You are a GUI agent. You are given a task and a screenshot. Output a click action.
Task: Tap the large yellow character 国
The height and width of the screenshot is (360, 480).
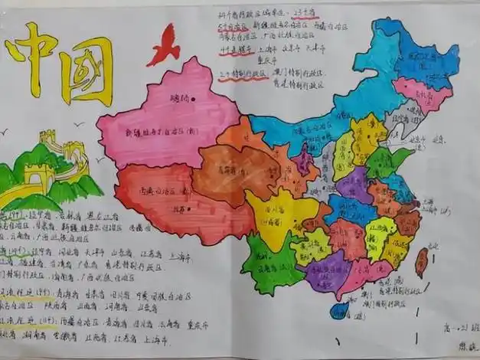tap(87, 69)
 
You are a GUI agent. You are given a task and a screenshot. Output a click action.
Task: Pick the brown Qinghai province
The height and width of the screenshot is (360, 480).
tap(230, 172)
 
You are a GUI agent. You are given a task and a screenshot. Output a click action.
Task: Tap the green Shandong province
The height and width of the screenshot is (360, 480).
tap(383, 161)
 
